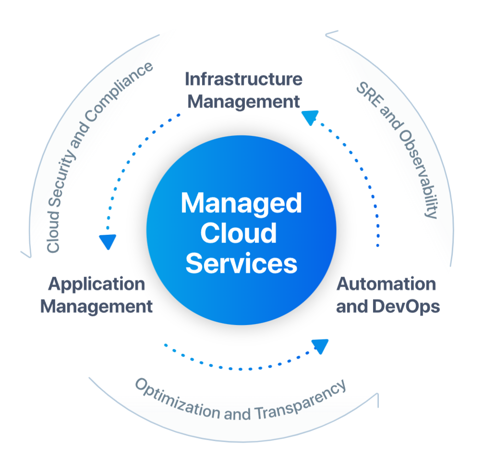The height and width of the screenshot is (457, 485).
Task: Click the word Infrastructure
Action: [x=243, y=79]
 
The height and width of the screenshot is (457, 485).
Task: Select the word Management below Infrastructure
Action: [x=243, y=102]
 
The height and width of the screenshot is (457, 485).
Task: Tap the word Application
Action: [x=97, y=284]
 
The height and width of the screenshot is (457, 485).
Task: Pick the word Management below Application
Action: [x=97, y=306]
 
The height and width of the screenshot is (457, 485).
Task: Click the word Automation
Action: [x=386, y=284]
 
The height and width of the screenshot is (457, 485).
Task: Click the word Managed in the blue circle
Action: [x=241, y=204]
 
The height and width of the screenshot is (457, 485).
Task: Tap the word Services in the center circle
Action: [x=241, y=263]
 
